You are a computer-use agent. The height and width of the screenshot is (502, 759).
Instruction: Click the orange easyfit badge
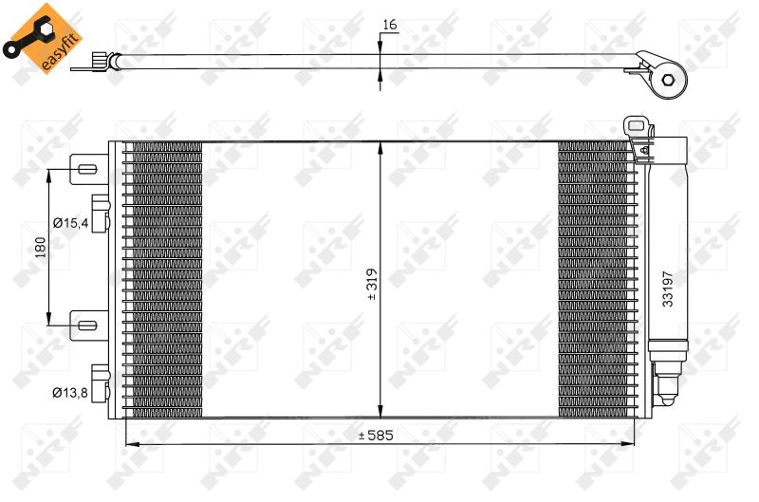[x=43, y=39]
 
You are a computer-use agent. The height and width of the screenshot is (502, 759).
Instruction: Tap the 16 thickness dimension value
[x=390, y=25]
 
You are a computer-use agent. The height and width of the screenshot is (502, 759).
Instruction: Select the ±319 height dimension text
[x=372, y=284]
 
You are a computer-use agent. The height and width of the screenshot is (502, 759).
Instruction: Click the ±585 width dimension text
[x=376, y=436]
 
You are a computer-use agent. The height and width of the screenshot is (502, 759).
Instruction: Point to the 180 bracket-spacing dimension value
[x=40, y=247]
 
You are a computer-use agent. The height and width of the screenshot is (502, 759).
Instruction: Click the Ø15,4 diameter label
[x=70, y=223]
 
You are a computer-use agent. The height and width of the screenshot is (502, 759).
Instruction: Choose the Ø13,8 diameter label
[x=70, y=393]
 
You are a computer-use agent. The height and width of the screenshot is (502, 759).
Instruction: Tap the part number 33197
[x=668, y=289]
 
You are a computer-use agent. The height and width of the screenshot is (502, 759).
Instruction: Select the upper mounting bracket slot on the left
[x=87, y=170]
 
